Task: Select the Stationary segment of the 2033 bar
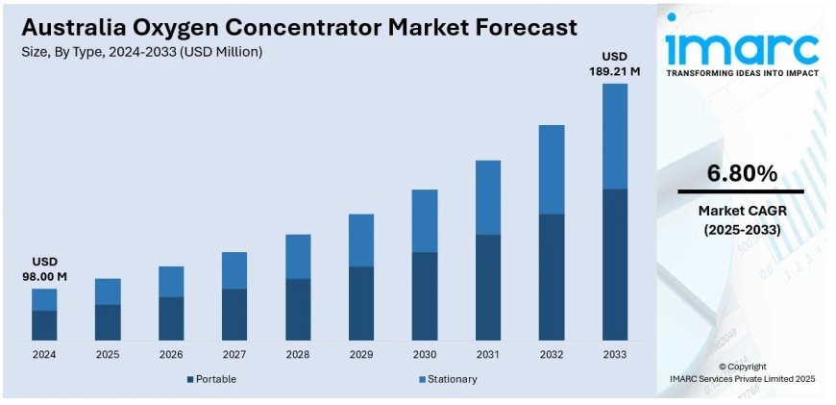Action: (x=615, y=136)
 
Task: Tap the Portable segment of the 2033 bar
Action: (x=615, y=265)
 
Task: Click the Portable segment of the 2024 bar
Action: (x=44, y=325)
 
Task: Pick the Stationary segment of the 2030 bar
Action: (x=425, y=220)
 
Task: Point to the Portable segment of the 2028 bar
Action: (x=298, y=309)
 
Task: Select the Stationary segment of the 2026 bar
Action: (x=171, y=282)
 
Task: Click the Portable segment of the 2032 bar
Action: (x=552, y=277)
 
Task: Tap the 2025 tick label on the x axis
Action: (x=108, y=355)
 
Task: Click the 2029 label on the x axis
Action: (x=361, y=355)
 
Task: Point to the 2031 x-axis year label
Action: (x=488, y=355)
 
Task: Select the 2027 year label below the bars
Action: (x=234, y=355)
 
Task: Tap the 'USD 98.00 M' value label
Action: (x=44, y=269)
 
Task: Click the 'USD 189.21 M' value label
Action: (x=615, y=63)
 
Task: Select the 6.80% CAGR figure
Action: (x=741, y=173)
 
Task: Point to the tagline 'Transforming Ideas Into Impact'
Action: (x=743, y=74)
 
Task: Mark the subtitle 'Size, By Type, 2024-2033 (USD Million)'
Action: (x=141, y=51)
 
